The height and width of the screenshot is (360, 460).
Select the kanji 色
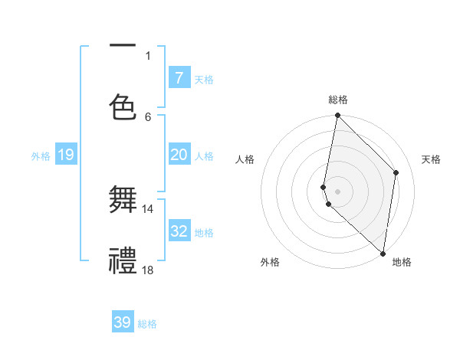[123, 106]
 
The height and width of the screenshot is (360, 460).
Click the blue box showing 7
[179, 77]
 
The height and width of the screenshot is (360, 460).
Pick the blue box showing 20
[179, 155]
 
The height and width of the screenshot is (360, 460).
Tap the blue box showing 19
[66, 155]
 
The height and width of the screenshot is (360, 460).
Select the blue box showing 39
[123, 322]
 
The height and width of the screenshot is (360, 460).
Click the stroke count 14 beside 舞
[147, 208]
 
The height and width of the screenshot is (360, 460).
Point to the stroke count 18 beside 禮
[147, 270]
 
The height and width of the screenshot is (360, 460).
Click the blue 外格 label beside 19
[41, 155]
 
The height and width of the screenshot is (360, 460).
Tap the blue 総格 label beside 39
[147, 324]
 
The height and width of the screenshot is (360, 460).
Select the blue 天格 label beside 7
[203, 79]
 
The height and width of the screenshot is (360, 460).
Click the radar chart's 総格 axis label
[337, 100]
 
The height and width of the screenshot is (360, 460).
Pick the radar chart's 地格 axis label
[402, 262]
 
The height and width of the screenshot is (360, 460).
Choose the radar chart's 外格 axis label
[270, 262]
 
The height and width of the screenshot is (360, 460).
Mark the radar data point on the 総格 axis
[337, 116]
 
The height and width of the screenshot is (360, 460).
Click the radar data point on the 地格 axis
[383, 253]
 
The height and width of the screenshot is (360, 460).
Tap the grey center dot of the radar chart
[337, 191]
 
